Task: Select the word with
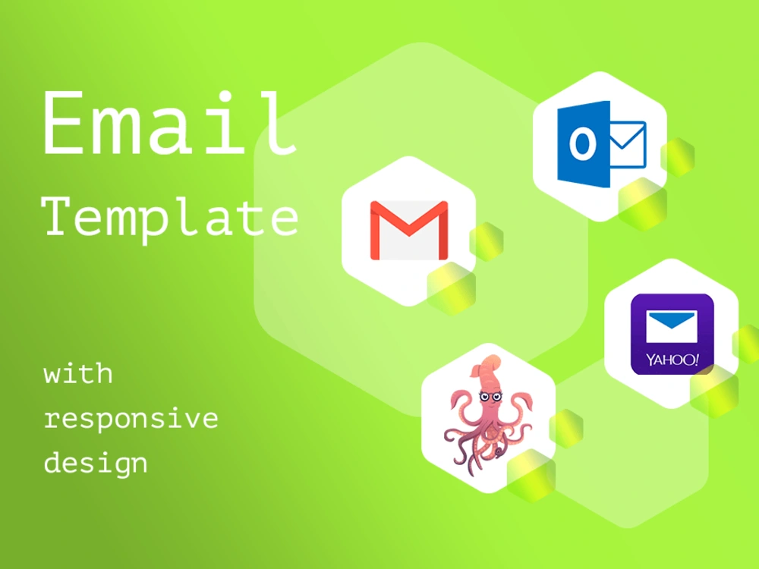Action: coord(78,374)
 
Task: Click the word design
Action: coord(96,463)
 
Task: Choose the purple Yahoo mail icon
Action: coord(672,334)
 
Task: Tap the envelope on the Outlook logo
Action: coord(627,145)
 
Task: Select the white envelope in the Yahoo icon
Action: coord(672,325)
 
